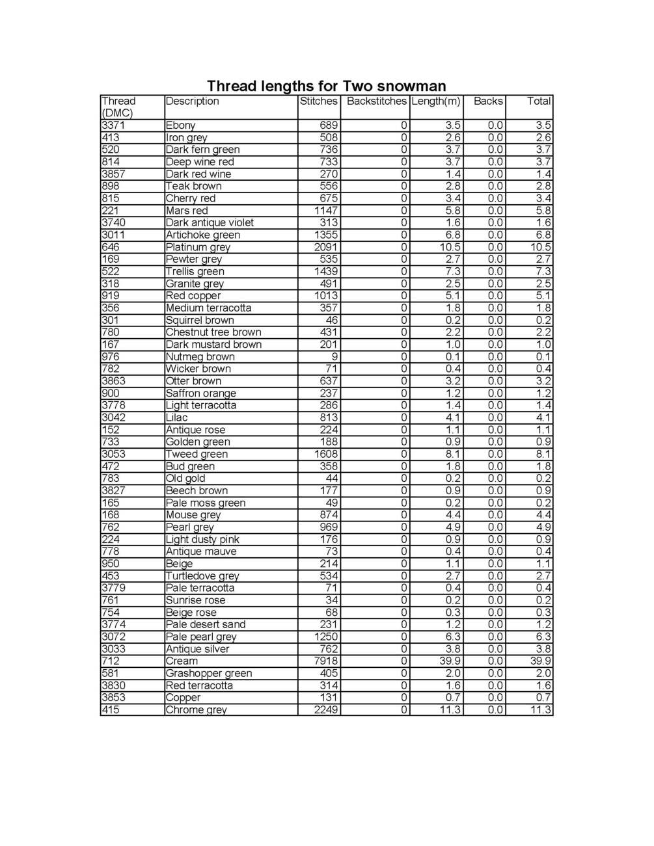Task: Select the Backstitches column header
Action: point(376,101)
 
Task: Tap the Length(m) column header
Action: point(436,101)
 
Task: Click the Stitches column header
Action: point(319,101)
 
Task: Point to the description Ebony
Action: point(180,126)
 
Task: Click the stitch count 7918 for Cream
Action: point(326,661)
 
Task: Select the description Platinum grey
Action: point(198,247)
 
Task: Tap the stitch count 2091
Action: point(326,247)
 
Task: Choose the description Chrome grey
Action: point(196,710)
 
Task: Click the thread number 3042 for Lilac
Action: point(114,417)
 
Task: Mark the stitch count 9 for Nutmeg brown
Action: point(334,356)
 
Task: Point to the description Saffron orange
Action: point(200,393)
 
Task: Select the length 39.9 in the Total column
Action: point(539,661)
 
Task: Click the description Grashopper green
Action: point(208,674)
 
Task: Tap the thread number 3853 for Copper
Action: point(114,698)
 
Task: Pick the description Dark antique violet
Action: point(210,222)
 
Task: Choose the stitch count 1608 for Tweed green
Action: point(326,454)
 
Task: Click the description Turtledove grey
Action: point(202,576)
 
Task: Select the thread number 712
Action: point(111,661)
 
